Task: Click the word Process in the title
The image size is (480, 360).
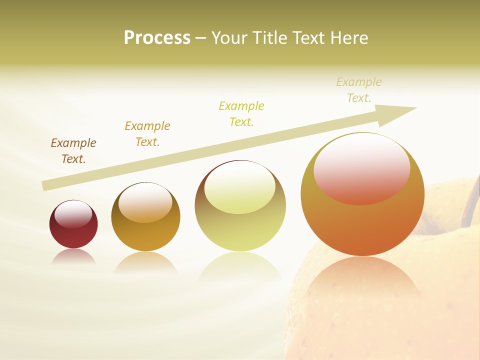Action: [157, 38]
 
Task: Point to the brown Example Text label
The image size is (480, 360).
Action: [73, 151]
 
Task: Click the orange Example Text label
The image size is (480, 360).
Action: [147, 134]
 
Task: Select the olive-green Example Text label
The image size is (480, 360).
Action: [241, 113]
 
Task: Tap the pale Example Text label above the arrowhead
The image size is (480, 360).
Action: [359, 90]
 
